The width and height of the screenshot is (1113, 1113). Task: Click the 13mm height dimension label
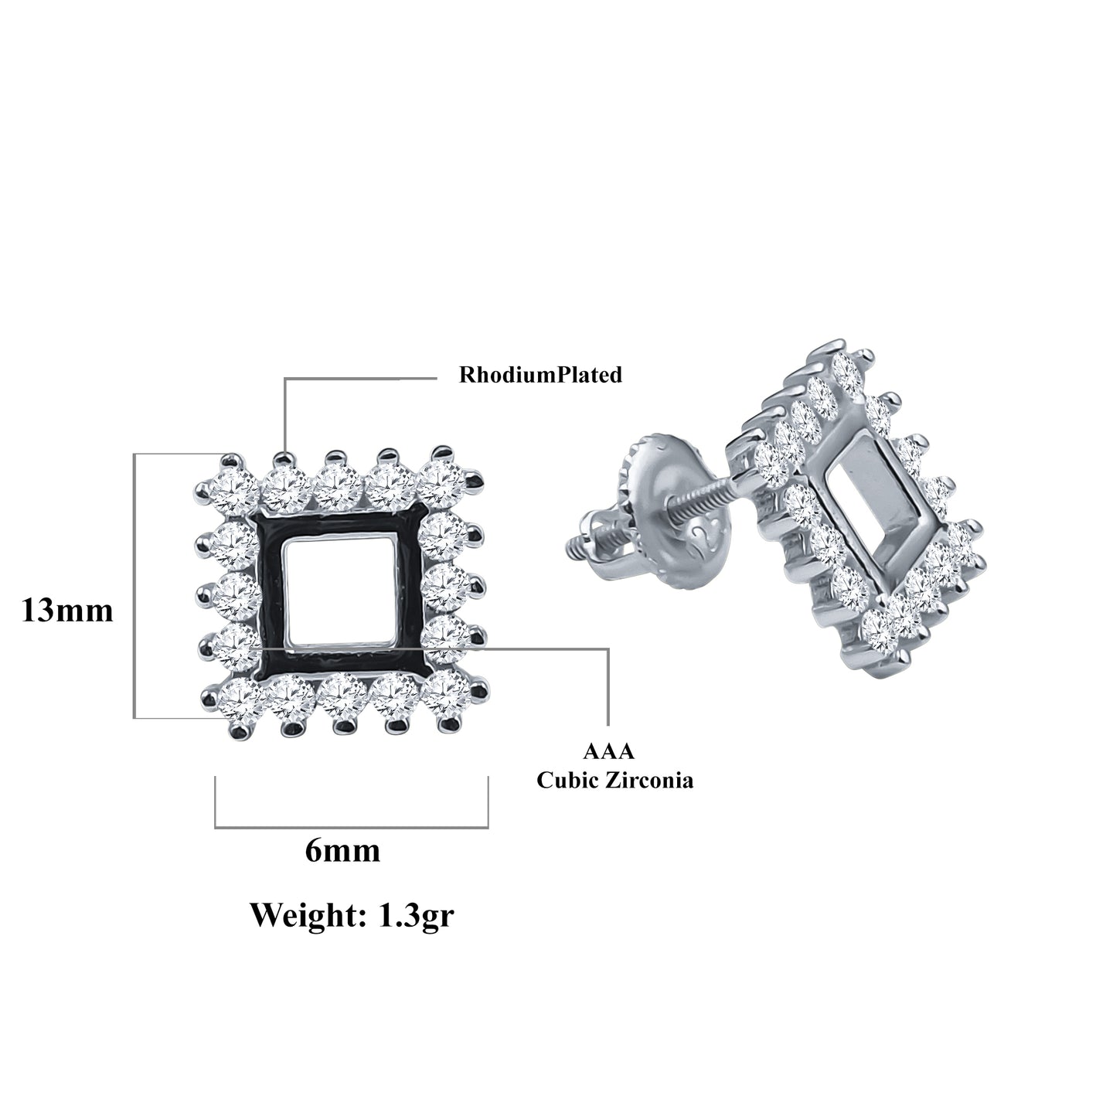(x=67, y=611)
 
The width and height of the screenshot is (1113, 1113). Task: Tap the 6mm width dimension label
(x=342, y=850)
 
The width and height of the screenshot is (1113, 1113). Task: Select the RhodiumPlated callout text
(x=540, y=375)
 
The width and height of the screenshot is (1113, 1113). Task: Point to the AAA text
(x=609, y=751)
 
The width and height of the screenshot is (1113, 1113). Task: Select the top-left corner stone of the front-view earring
(x=234, y=492)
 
